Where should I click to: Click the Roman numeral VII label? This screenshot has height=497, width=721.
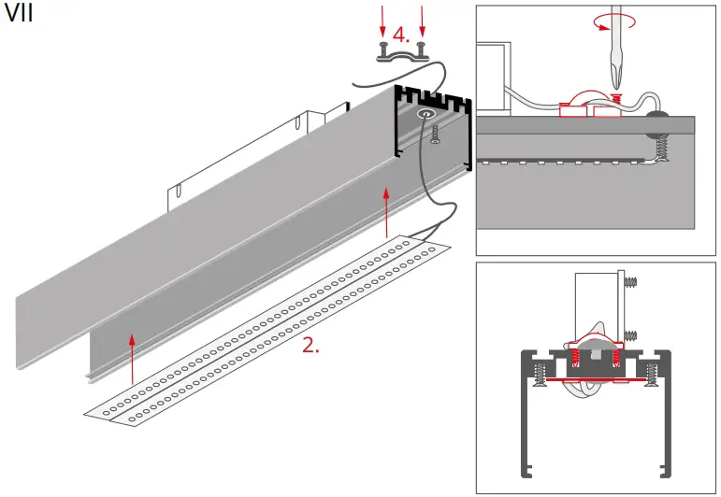(x=20, y=16)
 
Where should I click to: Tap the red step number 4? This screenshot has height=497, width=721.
(x=400, y=35)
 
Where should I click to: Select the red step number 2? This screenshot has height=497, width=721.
(x=310, y=344)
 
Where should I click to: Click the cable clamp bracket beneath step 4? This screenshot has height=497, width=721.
(x=402, y=53)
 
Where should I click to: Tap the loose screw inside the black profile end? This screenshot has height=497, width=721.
(x=436, y=135)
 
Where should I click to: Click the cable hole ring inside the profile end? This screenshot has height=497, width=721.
(x=426, y=114)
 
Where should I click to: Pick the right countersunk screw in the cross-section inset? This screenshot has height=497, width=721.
(x=653, y=375)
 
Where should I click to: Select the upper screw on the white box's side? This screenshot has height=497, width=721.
(x=630, y=278)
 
